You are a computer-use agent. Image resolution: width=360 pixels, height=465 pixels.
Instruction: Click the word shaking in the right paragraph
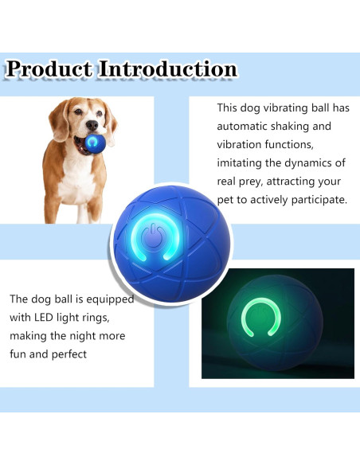pos(306,126)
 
